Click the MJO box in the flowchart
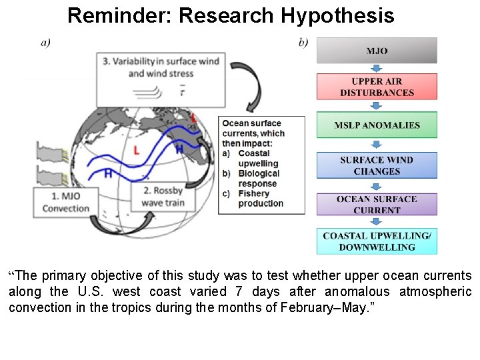coord(377,51)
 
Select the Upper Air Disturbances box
coord(377,87)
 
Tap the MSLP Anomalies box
coord(377,125)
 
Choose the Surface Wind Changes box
coord(377,165)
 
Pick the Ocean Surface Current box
coord(377,205)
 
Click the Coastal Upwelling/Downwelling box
coord(377,241)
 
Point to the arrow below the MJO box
coord(377,68)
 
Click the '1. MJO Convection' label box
coord(65,202)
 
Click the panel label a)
coord(46,43)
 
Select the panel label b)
coord(303,43)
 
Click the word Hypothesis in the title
coord(337,15)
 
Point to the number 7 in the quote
coord(238,291)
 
